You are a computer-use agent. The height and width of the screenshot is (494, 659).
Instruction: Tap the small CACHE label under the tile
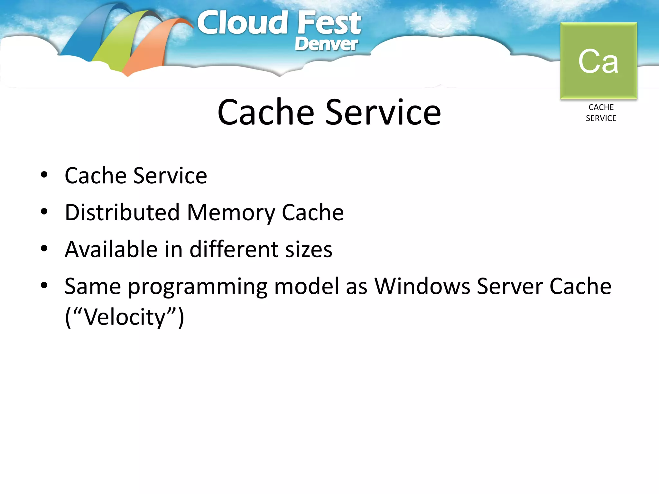[x=601, y=107]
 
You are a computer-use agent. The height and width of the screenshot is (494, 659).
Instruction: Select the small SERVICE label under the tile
[x=601, y=118]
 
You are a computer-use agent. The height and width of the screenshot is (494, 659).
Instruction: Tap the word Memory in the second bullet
[x=230, y=213]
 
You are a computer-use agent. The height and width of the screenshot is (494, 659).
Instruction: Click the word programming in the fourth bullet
[x=198, y=287]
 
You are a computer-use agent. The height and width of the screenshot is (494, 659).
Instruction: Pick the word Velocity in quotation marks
[x=125, y=317]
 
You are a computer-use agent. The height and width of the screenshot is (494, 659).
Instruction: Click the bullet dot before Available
[x=44, y=249]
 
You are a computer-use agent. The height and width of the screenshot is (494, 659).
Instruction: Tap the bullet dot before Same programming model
[x=44, y=285]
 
